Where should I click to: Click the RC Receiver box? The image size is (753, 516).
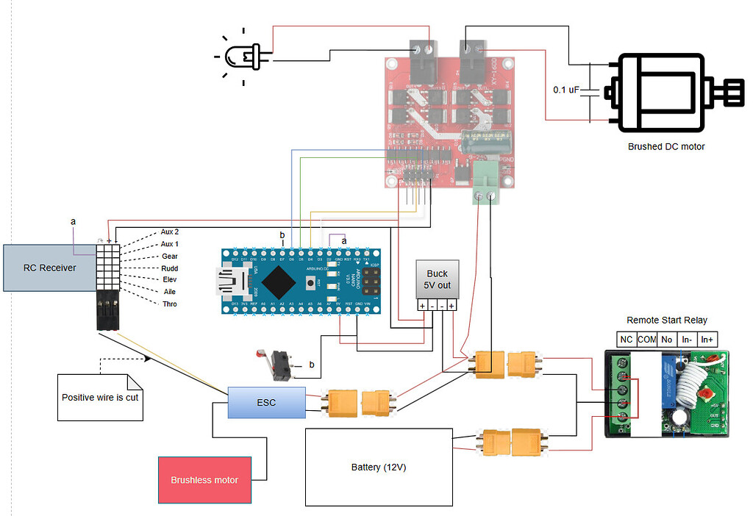50,268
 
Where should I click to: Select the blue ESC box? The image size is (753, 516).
265,402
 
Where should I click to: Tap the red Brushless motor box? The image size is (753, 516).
204,480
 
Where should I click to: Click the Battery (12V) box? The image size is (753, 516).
378,467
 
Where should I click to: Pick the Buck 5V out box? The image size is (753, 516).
437,279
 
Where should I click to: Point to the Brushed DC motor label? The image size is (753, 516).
665,146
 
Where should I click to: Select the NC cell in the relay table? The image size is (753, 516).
626,339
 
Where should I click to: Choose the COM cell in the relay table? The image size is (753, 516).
646,339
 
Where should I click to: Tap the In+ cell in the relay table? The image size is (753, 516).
708,339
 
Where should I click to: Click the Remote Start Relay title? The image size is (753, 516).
666,320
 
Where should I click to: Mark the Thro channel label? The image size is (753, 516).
168,304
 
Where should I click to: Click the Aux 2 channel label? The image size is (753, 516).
170,232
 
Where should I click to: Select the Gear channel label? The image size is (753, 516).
169,256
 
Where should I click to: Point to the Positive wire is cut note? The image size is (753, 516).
99,397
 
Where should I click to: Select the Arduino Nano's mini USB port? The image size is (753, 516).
223,279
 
